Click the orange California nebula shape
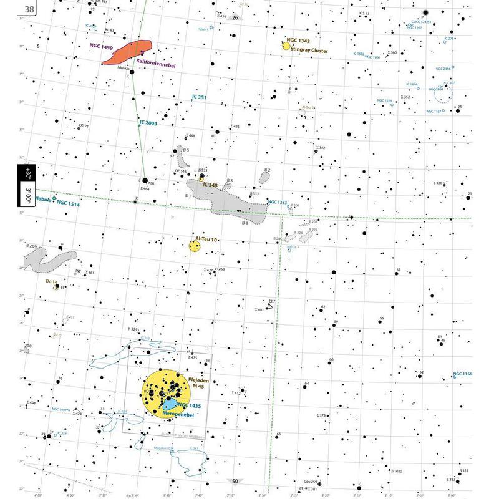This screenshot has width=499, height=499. (x=128, y=52)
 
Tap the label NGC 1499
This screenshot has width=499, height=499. (x=103, y=46)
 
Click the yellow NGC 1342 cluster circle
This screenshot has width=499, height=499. (x=286, y=47)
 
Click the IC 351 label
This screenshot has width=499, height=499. (x=200, y=97)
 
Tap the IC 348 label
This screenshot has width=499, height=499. (x=210, y=185)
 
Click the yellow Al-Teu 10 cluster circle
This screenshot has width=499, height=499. (x=195, y=246)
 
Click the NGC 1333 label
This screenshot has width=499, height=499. (x=278, y=202)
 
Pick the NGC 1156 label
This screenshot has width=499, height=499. (x=463, y=374)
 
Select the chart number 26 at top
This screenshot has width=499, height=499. (x=235, y=17)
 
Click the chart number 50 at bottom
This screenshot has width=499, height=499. (x=235, y=481)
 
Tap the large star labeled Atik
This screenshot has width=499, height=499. (x=145, y=181)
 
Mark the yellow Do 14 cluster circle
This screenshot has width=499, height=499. (x=56, y=288)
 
